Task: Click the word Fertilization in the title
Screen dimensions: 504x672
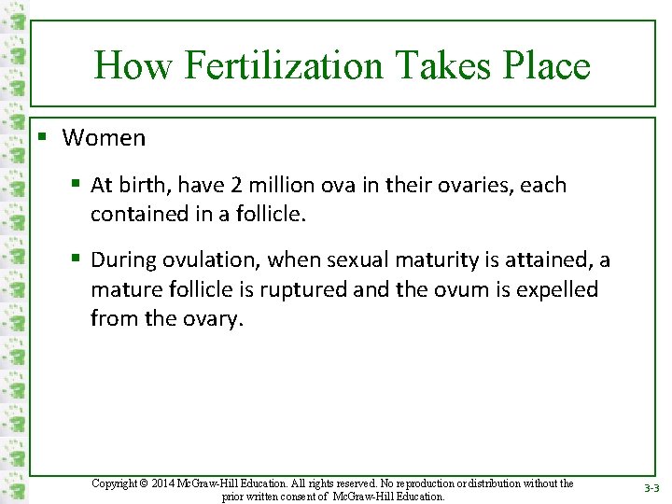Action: [285, 66]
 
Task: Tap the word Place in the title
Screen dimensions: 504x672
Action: [546, 66]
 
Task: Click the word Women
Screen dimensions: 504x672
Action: [104, 138]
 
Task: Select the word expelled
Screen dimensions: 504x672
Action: [557, 289]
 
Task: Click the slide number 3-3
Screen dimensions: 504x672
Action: [651, 488]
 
